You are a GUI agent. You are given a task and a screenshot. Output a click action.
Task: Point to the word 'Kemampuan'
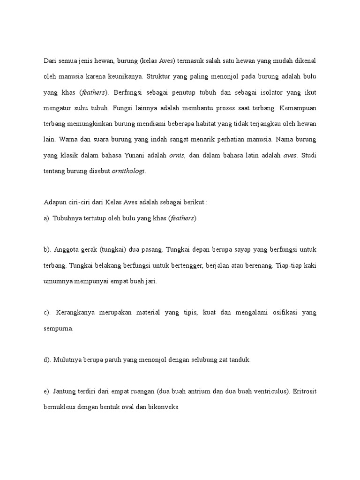point(298,108)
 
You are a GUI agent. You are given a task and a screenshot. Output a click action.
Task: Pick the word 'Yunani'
point(146,155)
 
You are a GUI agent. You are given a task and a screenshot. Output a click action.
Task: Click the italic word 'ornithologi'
point(129,172)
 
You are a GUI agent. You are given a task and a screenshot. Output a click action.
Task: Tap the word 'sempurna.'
point(59,329)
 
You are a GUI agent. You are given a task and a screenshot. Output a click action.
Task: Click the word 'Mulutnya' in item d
point(68,360)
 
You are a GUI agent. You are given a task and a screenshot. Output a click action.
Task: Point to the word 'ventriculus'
point(259,391)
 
